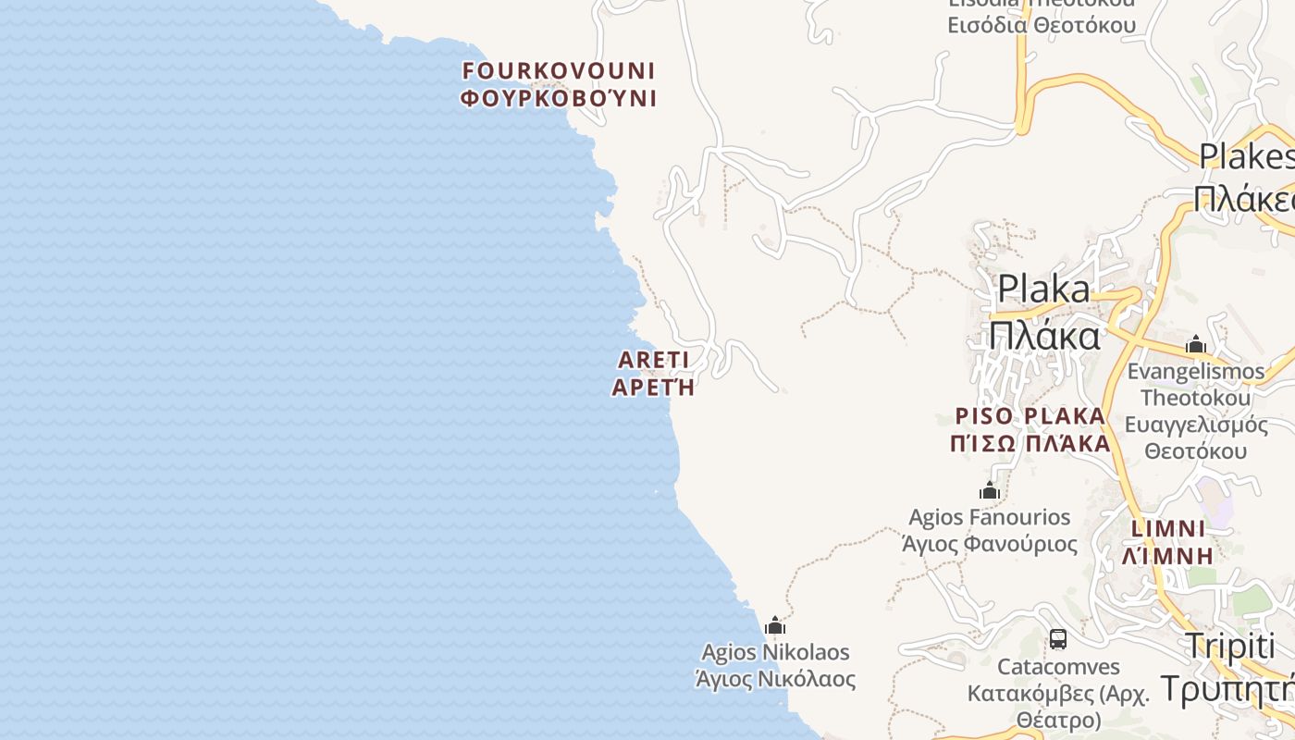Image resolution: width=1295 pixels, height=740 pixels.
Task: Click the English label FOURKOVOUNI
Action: coord(559,71)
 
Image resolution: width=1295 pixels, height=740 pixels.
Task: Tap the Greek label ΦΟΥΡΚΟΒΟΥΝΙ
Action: coord(559,98)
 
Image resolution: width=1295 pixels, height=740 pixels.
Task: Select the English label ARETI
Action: coord(654,360)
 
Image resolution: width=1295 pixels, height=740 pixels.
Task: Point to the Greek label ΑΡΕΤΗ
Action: coord(653,387)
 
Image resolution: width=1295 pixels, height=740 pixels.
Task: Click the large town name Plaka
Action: coord(1043,290)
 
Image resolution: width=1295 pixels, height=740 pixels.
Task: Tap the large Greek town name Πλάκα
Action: coord(1044,335)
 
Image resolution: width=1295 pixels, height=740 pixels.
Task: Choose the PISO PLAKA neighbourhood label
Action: coord(1030,415)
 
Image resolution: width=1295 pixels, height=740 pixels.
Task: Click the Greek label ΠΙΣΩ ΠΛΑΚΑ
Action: coord(1030,443)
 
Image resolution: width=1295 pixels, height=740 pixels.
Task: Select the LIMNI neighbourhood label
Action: coord(1168,529)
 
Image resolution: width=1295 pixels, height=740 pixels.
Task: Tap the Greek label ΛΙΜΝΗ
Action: coord(1167,556)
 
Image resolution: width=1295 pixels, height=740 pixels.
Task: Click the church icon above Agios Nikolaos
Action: coord(775,626)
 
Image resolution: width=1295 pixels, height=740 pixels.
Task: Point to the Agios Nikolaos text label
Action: coord(775,652)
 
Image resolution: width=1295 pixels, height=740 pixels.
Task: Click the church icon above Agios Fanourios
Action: coord(990,490)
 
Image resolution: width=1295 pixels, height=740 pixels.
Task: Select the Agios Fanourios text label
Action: coord(989,517)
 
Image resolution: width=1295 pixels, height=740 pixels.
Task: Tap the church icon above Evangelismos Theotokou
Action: coord(1196,345)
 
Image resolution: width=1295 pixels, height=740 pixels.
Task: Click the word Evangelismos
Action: coord(1196,371)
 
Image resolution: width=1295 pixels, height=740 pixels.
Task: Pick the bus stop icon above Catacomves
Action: coord(1058,639)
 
